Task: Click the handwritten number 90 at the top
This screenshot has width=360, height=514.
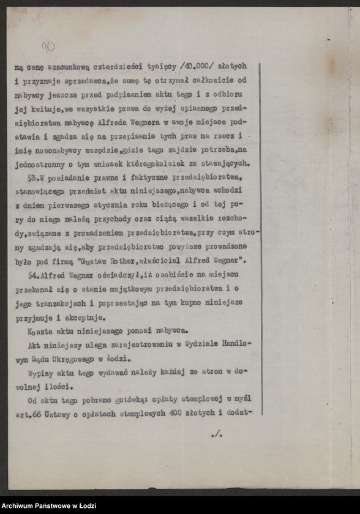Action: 48,46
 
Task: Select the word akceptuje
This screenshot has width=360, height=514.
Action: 88,317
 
